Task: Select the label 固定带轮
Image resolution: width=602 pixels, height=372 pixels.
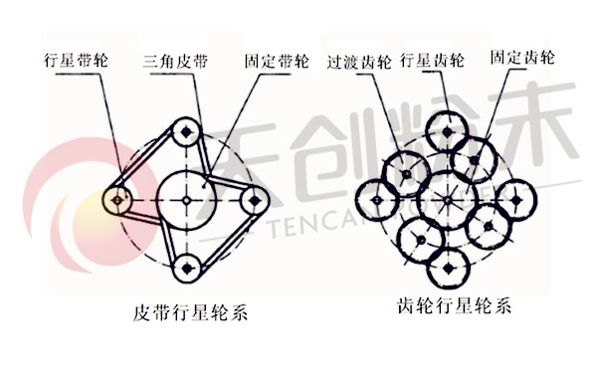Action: (x=276, y=59)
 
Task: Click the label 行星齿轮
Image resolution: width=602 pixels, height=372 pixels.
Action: (x=431, y=59)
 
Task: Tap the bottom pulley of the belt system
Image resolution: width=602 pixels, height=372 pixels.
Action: (x=186, y=266)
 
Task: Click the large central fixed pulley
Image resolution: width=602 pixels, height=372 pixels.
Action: (x=187, y=198)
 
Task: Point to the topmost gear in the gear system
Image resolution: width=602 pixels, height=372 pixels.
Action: (x=445, y=126)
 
